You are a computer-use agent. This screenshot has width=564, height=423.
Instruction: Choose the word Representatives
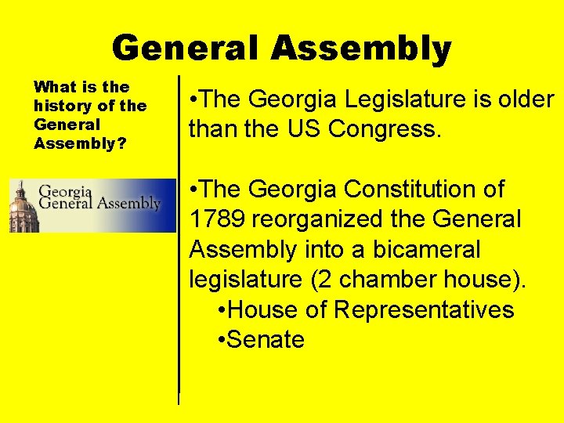tap(424, 310)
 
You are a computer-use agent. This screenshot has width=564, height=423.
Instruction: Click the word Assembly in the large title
tap(361, 49)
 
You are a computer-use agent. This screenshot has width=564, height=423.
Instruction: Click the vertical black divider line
tap(179, 235)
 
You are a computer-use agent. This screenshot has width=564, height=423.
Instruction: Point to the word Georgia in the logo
tap(66, 190)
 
